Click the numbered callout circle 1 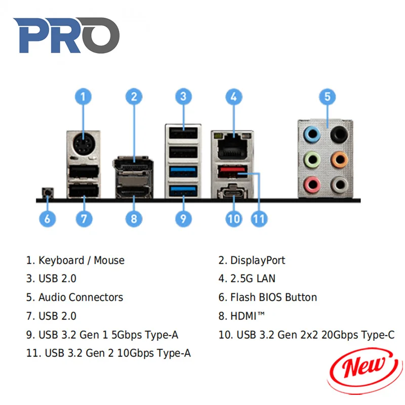84,96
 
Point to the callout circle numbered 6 47,219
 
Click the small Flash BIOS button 47,193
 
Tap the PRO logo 66,36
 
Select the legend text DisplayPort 258,260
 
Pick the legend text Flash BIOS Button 273,297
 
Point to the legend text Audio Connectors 81,297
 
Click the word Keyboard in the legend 61,260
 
